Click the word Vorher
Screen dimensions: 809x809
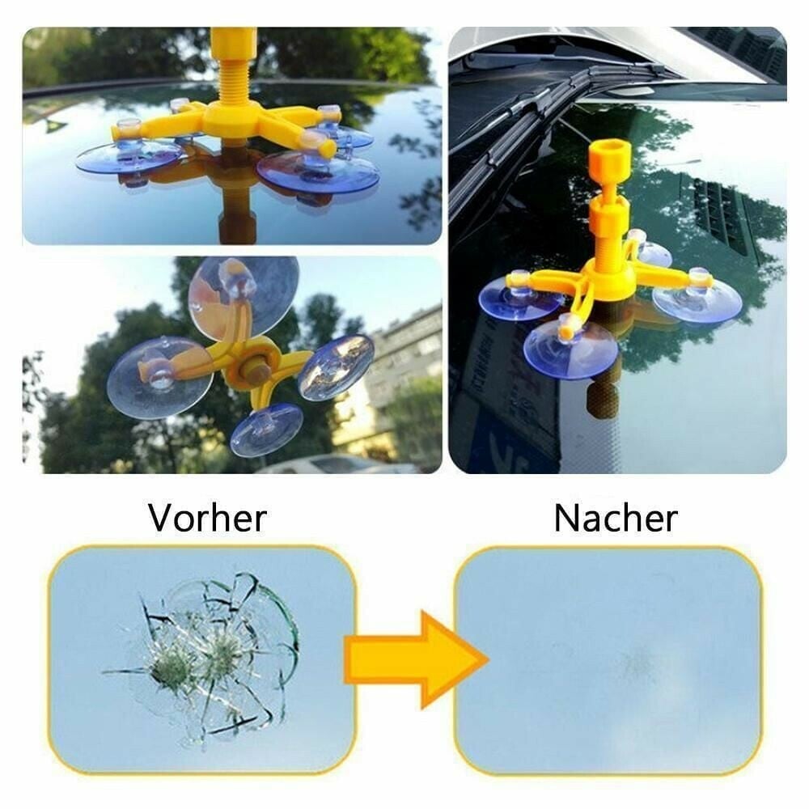tap(207, 518)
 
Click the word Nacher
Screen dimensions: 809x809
tap(616, 518)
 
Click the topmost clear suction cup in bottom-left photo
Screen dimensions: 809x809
tap(243, 291)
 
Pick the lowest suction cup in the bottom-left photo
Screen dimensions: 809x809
tap(267, 429)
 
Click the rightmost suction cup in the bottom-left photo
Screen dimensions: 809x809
tap(336, 366)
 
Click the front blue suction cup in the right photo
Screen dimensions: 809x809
tap(570, 348)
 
